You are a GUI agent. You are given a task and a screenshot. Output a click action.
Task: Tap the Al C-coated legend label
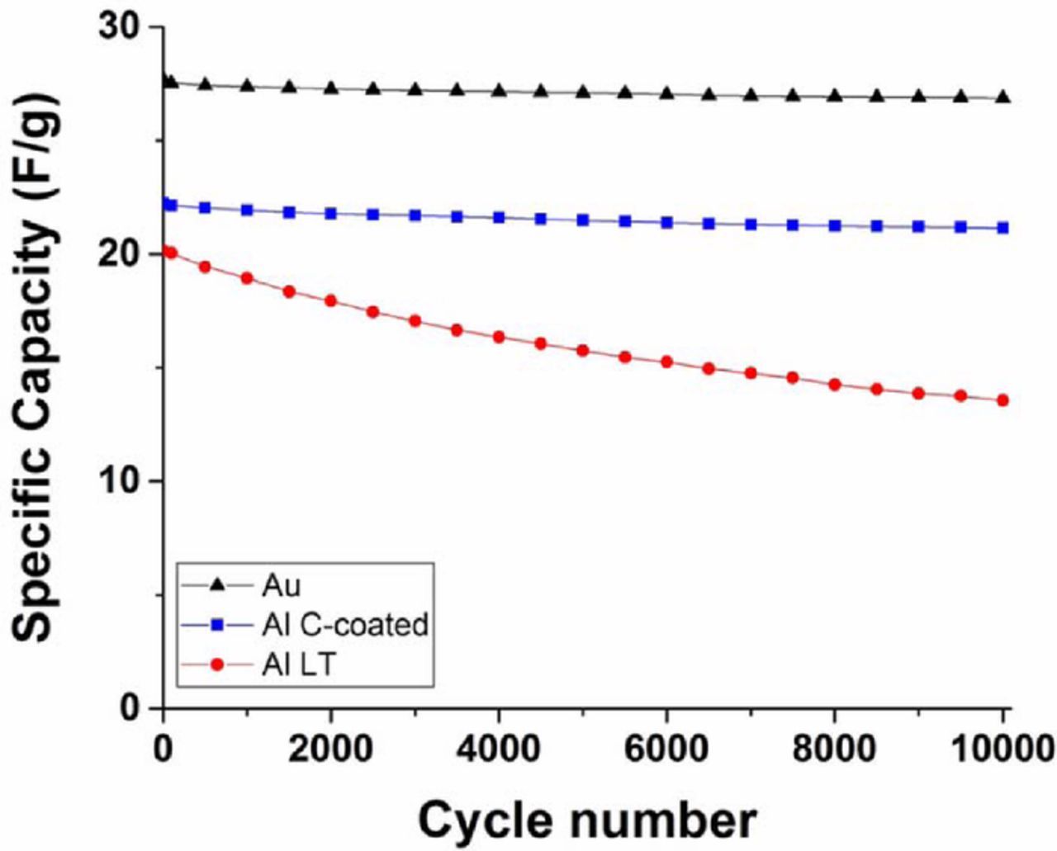coord(344,625)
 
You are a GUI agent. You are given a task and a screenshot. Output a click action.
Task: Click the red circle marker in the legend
coord(218,664)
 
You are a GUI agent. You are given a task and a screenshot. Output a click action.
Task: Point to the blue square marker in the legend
coord(218,625)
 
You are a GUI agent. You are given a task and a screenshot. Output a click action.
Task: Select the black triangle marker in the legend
coord(218,585)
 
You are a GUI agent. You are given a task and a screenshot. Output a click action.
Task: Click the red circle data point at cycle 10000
coord(1002,400)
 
